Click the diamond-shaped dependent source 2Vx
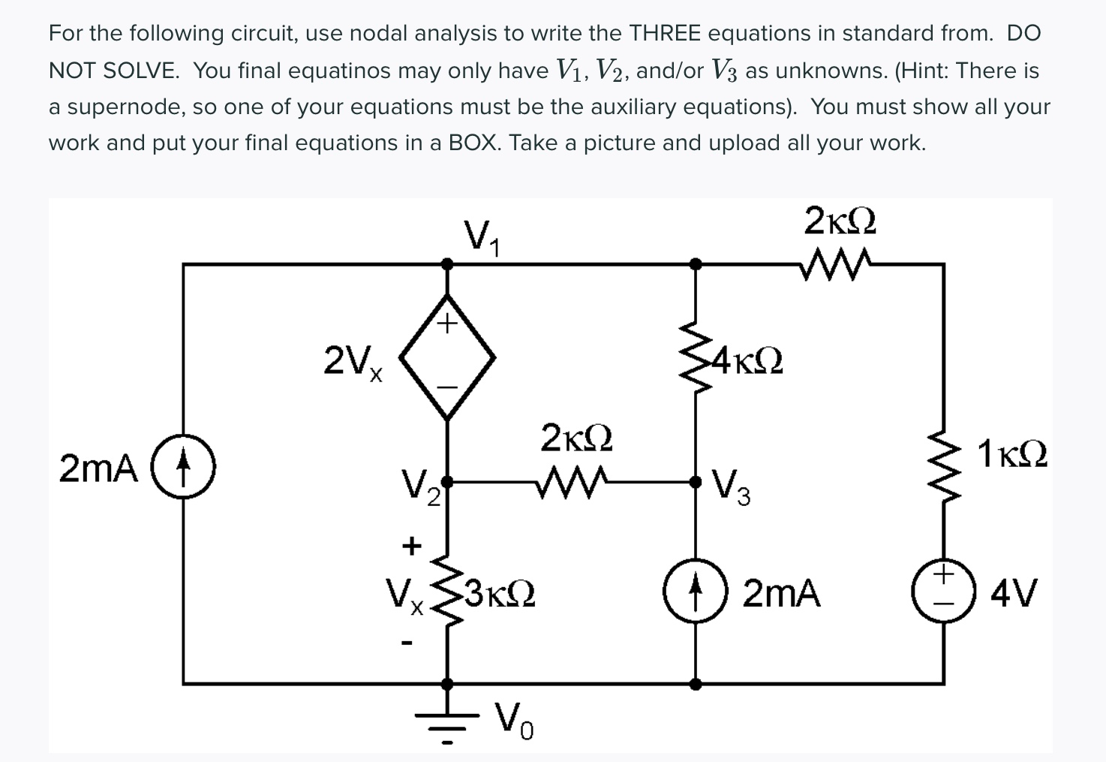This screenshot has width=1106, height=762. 447,355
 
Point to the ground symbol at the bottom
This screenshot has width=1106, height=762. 447,721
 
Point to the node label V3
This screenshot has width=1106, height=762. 730,487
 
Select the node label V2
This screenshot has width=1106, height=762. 420,487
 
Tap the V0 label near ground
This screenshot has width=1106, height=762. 515,721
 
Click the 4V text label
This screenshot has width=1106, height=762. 1013,593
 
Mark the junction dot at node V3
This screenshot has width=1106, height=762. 696,482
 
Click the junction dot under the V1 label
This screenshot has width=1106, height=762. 447,264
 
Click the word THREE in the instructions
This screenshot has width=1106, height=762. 664,34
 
